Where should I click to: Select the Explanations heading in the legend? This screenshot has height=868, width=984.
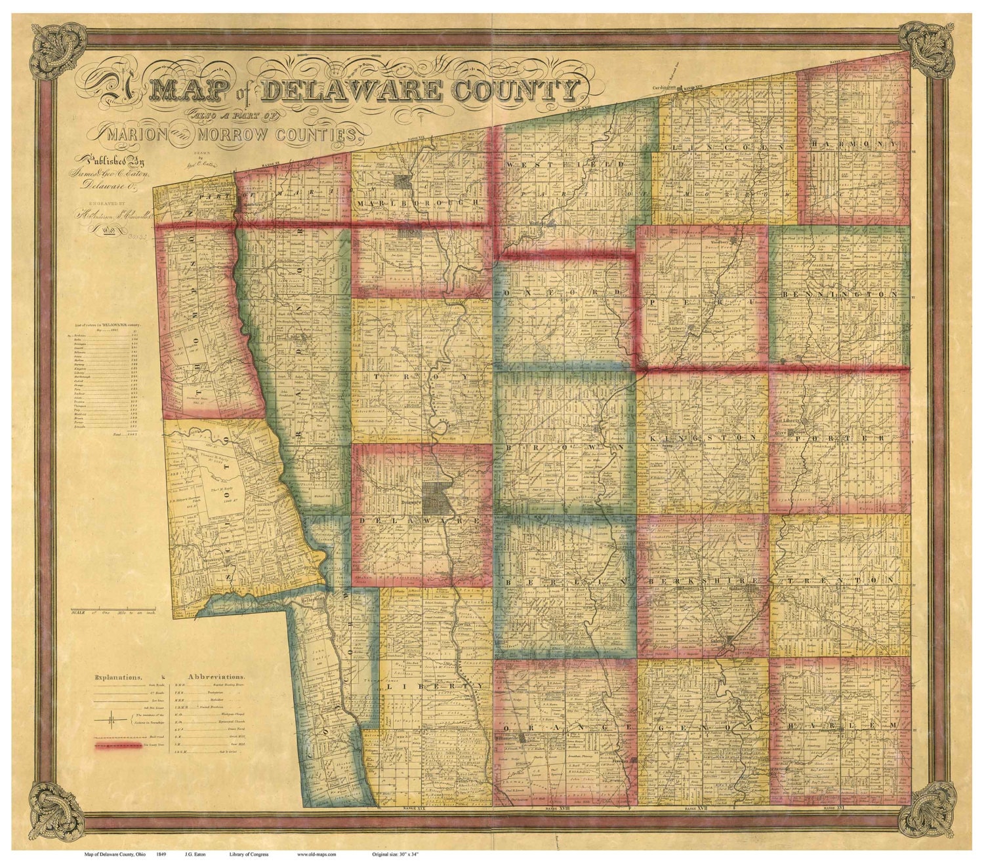[x=119, y=675]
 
